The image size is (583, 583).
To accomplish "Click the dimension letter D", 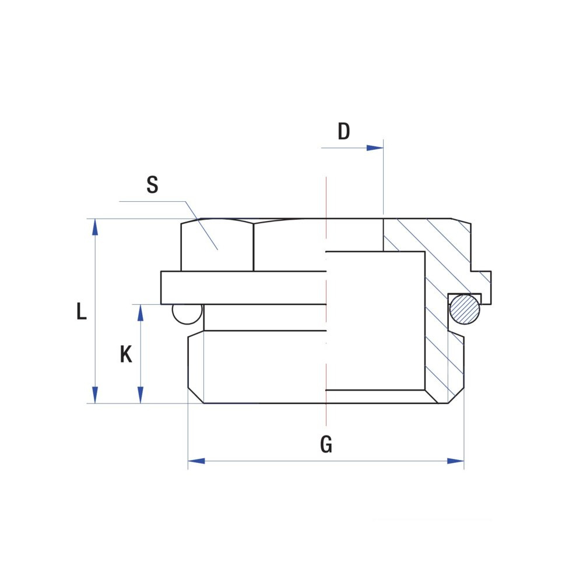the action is click(344, 131).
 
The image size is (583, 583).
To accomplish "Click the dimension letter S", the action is click(152, 184).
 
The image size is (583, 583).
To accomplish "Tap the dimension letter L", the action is click(82, 311).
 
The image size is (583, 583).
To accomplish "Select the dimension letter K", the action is click(126, 354).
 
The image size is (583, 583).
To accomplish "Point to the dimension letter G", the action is click(326, 444).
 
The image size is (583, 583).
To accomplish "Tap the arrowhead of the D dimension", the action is click(375, 148).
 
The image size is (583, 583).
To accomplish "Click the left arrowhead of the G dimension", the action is click(196, 461).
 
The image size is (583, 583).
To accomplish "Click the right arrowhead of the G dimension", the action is click(455, 461).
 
